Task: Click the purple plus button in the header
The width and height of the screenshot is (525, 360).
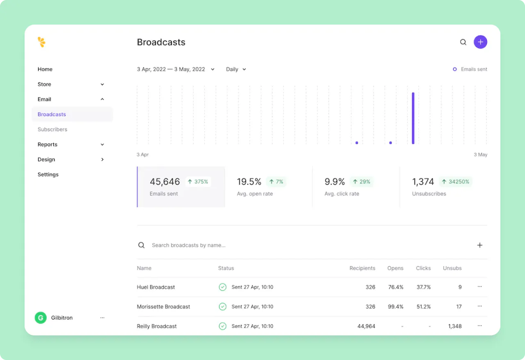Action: pos(480,42)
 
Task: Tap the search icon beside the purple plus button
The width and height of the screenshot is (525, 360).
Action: pos(463,42)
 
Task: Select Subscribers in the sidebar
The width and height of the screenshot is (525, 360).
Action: pos(52,129)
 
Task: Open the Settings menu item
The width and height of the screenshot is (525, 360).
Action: pos(48,174)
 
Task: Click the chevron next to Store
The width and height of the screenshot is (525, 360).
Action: pos(102,84)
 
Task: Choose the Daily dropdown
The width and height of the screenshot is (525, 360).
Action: pos(236,69)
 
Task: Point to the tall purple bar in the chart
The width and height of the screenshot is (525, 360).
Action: pos(413,118)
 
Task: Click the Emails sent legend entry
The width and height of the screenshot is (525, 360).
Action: pos(470,69)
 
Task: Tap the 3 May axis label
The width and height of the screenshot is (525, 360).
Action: pos(480,155)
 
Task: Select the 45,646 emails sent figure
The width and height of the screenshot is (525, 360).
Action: pos(165,182)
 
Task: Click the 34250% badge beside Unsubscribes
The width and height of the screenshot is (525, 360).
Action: pos(455,182)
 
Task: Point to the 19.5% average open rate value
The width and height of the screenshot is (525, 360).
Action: pos(249,182)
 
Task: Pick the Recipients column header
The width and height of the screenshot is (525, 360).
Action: pos(362,268)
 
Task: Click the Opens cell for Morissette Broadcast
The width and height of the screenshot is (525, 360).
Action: pos(396,307)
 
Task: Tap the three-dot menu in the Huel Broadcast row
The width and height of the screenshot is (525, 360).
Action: pos(479,287)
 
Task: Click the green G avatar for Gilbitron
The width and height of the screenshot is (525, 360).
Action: pos(41,318)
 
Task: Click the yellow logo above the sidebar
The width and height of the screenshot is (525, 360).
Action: pos(41,42)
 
